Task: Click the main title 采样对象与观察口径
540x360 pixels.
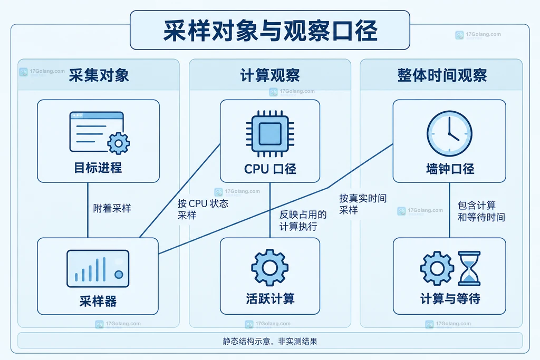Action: [x=270, y=31]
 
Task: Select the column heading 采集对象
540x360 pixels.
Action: [x=99, y=75]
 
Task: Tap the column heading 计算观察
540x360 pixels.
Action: [x=270, y=75]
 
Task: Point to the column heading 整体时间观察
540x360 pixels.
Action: [x=442, y=75]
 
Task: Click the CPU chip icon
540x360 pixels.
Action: [x=270, y=134]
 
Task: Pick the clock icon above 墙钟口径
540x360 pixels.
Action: [x=449, y=133]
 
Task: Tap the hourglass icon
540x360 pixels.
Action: [x=469, y=268]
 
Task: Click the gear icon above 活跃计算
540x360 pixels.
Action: [x=269, y=267]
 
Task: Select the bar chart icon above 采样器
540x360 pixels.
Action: [x=98, y=269]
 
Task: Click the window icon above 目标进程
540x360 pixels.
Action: [x=100, y=133]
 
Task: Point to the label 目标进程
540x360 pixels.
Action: [x=98, y=168]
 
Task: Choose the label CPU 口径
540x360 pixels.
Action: [x=270, y=169]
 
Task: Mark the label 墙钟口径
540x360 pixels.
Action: [x=450, y=169]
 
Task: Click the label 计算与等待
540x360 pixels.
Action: [x=450, y=298]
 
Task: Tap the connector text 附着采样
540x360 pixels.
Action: [x=112, y=208]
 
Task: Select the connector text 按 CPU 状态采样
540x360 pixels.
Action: [x=203, y=209]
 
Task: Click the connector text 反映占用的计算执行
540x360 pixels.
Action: [x=303, y=220]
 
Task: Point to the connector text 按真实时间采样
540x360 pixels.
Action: [x=363, y=204]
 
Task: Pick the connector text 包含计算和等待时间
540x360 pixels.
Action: [x=481, y=211]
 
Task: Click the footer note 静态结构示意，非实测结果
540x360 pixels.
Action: [x=270, y=341]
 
